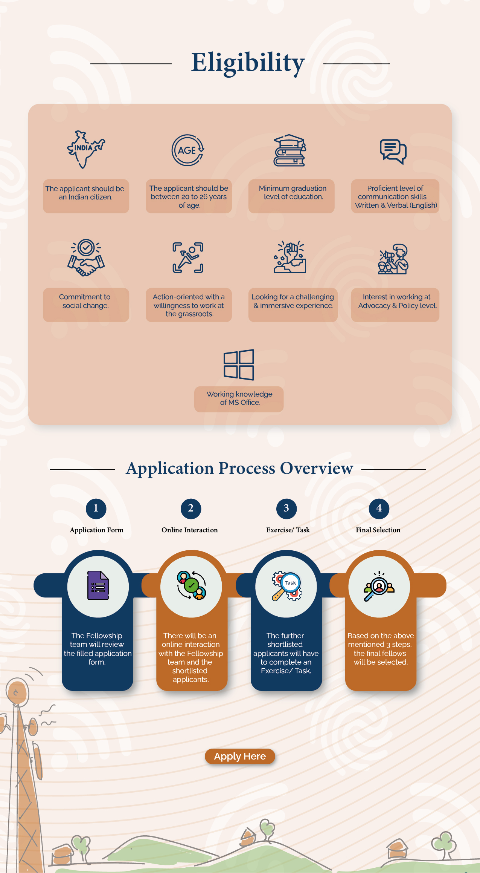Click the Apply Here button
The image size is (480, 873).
click(240, 756)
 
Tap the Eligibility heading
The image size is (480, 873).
click(248, 63)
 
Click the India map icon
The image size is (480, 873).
click(85, 149)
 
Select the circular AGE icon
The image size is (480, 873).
click(188, 150)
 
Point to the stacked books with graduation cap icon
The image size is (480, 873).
click(290, 151)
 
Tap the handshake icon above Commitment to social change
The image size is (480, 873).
click(86, 258)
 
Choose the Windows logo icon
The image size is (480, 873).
click(239, 365)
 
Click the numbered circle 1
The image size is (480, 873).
click(96, 508)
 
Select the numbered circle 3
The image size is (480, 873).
click(286, 508)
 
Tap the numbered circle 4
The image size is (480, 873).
click(379, 508)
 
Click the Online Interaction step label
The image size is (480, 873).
click(190, 530)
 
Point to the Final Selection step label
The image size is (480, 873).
click(378, 530)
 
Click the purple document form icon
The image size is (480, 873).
click(98, 585)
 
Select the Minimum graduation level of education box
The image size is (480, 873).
click(291, 196)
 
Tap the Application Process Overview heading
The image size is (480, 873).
click(239, 469)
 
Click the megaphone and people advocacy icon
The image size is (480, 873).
click(393, 259)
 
